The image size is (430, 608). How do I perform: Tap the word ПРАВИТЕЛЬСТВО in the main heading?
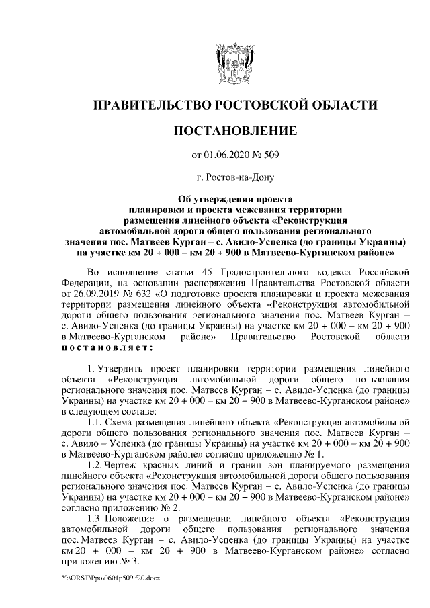[151, 104]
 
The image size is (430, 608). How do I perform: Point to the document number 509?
[271, 156]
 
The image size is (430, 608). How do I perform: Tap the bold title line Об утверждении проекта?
[234, 199]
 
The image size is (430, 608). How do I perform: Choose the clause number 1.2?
[96, 466]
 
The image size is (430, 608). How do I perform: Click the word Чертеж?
[127, 466]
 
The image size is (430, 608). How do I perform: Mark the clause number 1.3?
[96, 519]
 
